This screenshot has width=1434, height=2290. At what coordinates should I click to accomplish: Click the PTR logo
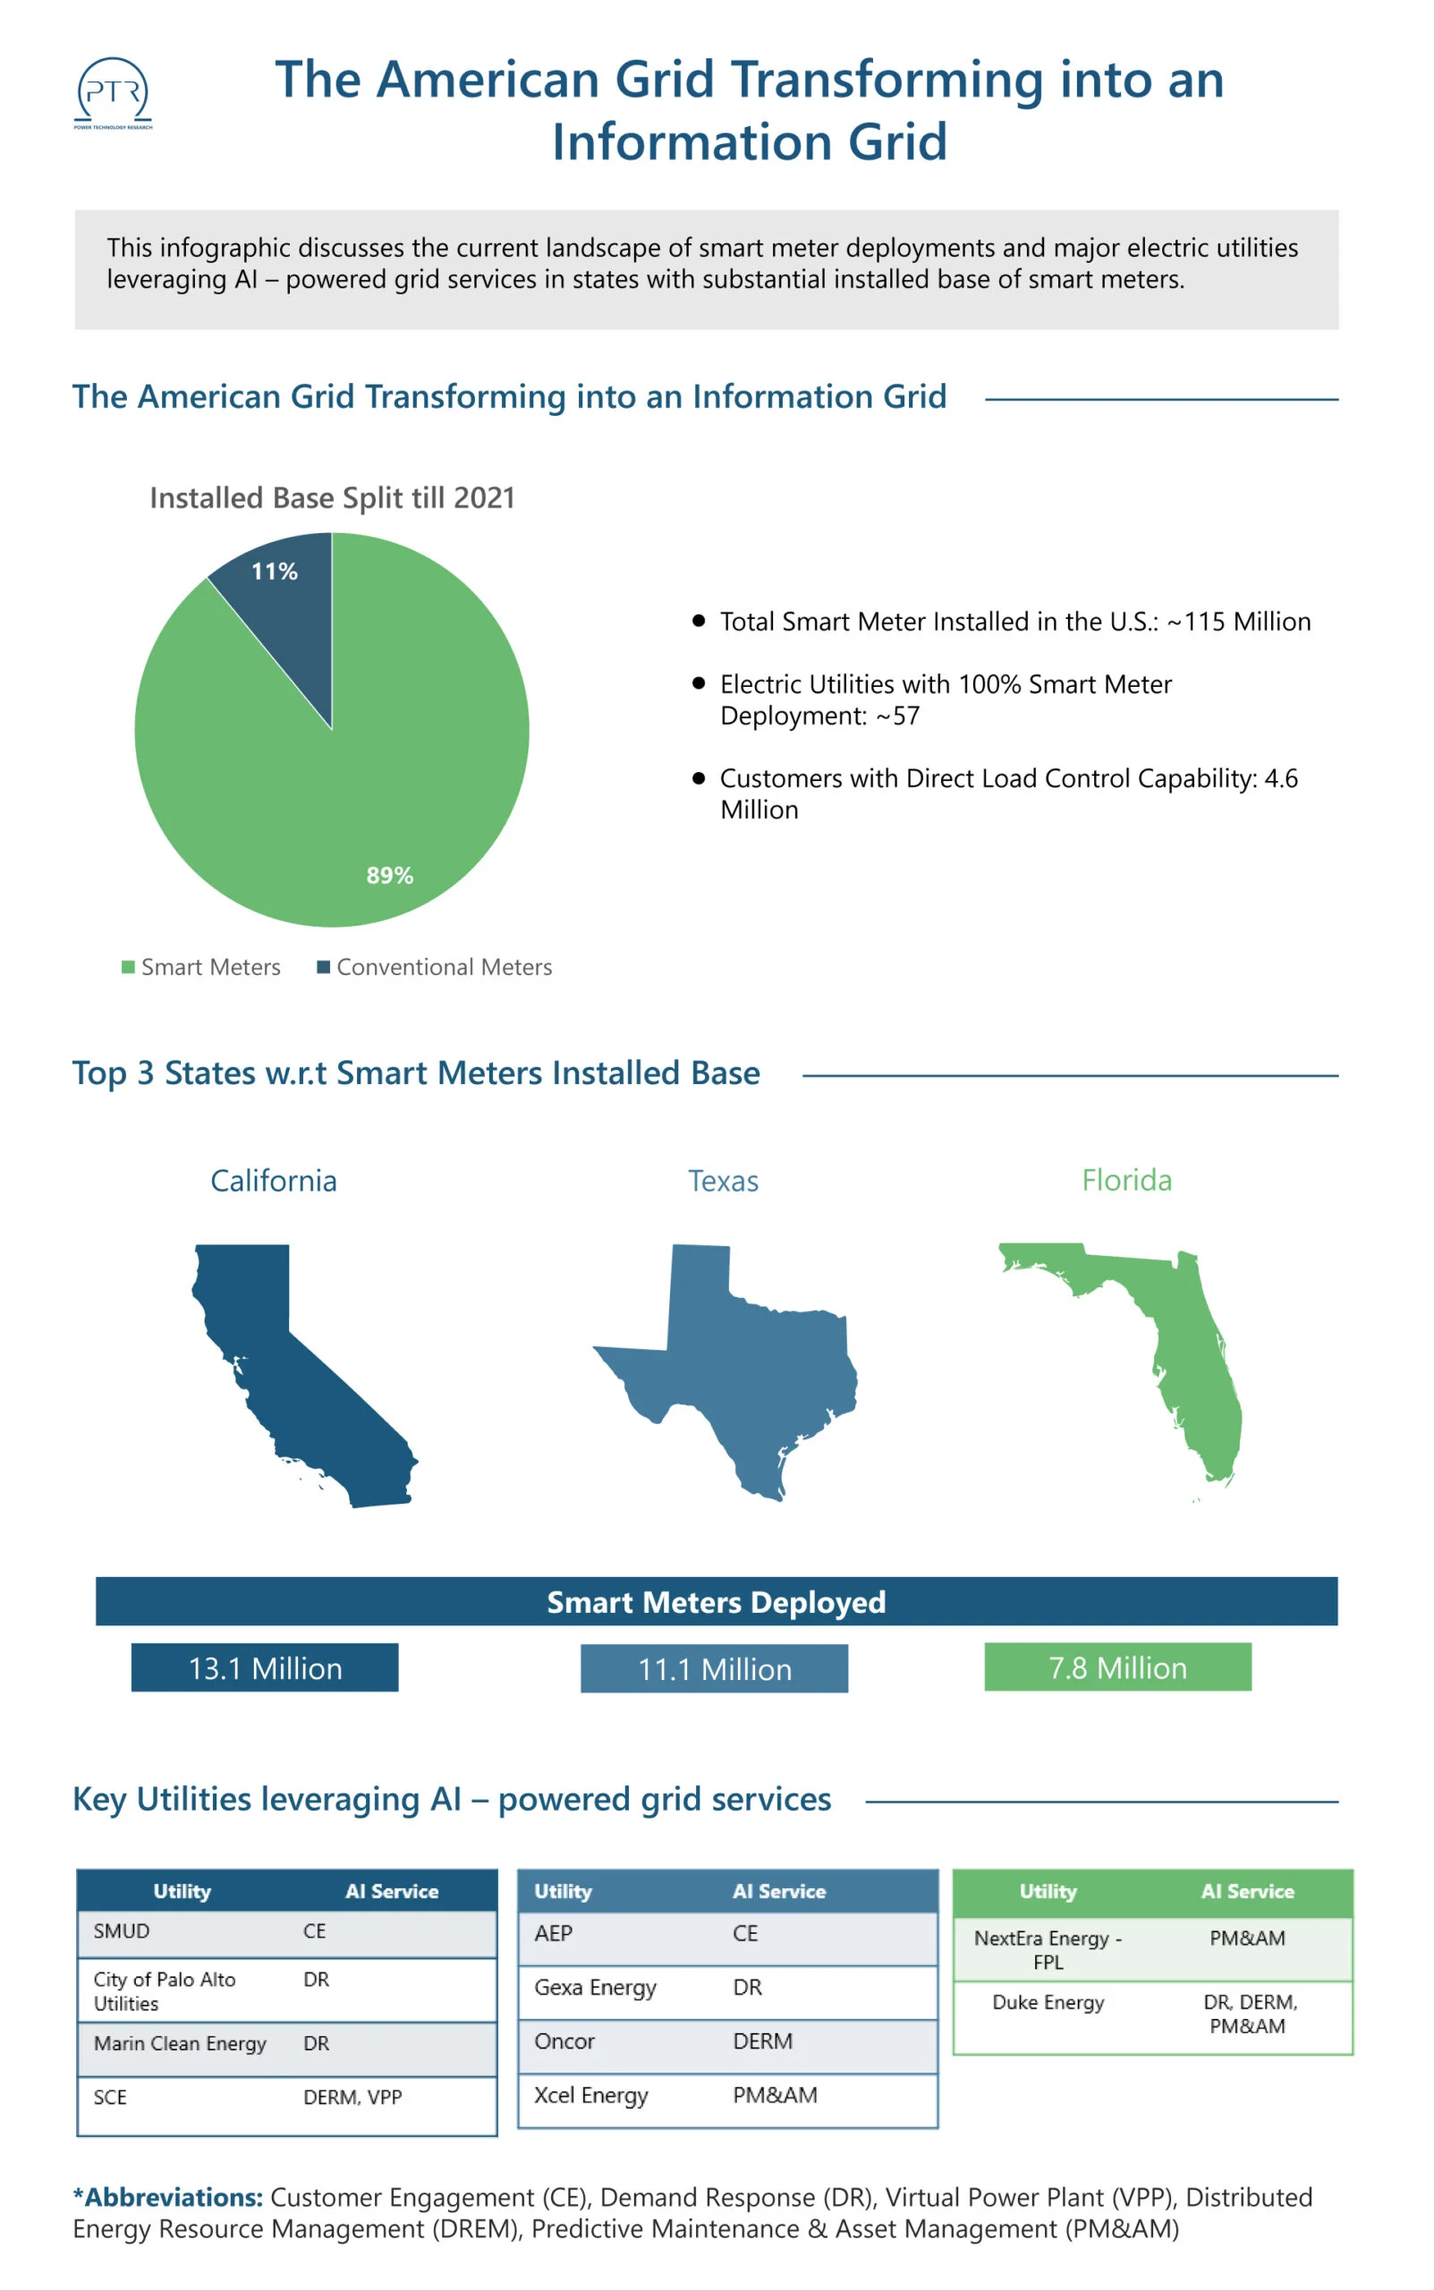tap(113, 92)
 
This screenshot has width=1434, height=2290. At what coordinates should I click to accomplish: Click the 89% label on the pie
tap(390, 875)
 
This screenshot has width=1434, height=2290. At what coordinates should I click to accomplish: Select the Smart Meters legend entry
tap(201, 967)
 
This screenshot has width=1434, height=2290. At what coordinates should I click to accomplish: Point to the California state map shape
tap(294, 1385)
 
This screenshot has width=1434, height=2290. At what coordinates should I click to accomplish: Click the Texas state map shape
tap(750, 1365)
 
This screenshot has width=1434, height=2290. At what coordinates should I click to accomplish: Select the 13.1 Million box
tap(265, 1668)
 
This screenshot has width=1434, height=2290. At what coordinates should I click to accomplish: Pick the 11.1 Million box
tap(714, 1669)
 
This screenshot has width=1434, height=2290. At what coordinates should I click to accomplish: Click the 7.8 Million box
tap(1117, 1668)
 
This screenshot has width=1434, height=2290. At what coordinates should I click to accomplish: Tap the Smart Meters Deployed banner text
tap(716, 1602)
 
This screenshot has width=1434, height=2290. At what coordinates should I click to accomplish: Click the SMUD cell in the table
tap(122, 1931)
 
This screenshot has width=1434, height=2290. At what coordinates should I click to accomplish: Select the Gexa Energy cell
tap(595, 1988)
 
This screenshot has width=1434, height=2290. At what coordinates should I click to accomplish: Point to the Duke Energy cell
tap(1048, 2003)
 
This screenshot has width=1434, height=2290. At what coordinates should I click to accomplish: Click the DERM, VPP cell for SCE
tap(352, 2098)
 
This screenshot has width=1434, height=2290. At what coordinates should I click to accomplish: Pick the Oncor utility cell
tap(564, 2041)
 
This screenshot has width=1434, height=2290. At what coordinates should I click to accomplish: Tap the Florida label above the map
tap(1127, 1181)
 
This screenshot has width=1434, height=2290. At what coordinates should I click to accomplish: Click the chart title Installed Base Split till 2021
tap(332, 498)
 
